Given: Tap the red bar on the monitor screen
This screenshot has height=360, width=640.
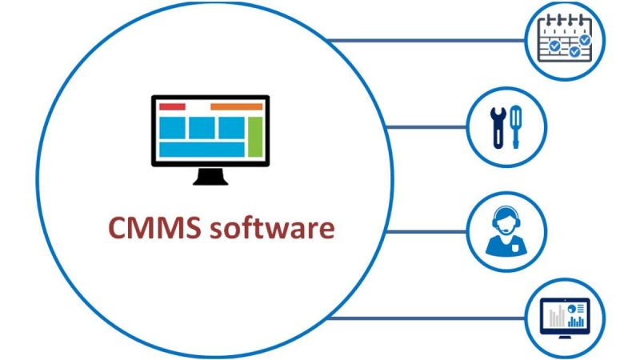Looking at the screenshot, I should (172, 106).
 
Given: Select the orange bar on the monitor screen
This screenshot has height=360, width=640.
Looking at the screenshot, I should (236, 106).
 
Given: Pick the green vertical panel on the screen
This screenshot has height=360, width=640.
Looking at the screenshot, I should (255, 137).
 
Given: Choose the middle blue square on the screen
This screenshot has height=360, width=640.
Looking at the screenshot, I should (202, 127).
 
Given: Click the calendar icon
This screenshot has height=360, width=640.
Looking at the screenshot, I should (564, 40).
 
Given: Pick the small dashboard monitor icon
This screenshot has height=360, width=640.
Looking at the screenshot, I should (565, 317).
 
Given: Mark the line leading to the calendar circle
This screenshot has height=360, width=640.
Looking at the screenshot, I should (424, 40).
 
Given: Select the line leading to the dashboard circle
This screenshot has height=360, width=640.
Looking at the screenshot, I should (424, 318).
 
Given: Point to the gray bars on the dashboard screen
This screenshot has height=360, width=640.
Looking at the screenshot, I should (553, 319).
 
